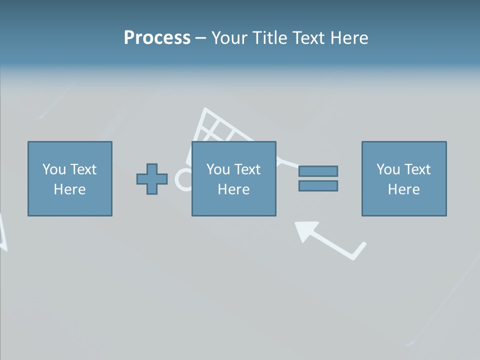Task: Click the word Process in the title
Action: [x=157, y=38]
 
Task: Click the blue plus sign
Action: [x=152, y=179]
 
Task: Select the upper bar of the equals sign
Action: [x=318, y=171]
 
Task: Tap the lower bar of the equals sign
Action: [x=318, y=186]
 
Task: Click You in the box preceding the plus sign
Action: [x=53, y=169]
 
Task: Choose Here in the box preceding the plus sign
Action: [x=69, y=189]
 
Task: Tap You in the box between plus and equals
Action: [x=217, y=169]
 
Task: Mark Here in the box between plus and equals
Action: [x=233, y=189]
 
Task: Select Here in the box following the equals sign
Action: [x=403, y=189]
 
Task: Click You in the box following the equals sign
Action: [x=387, y=169]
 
